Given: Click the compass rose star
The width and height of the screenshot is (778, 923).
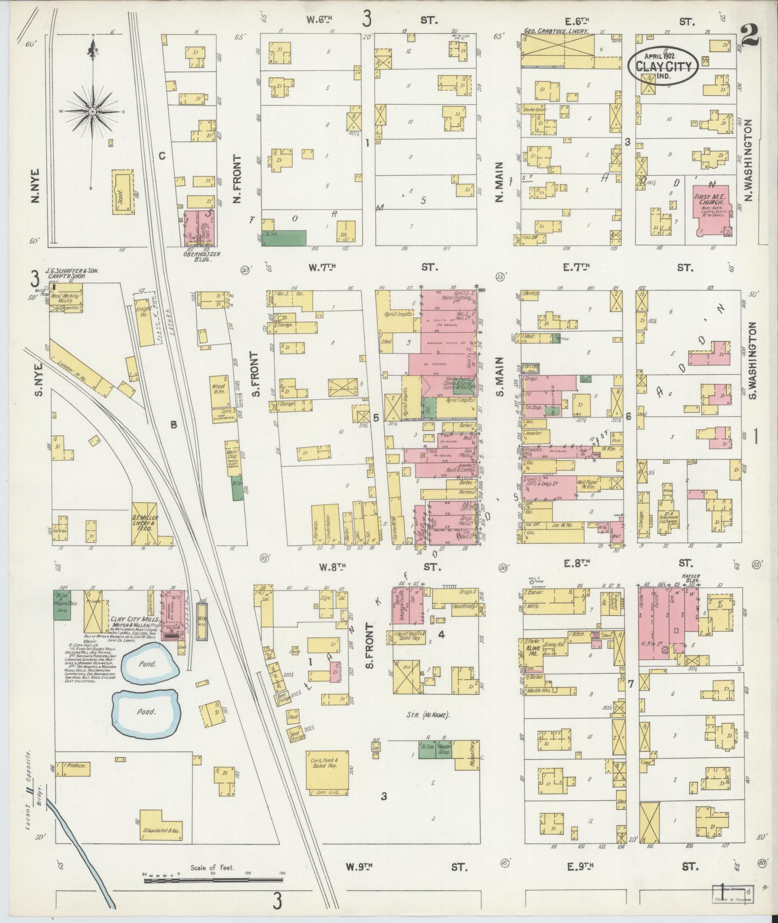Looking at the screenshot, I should pyautogui.click(x=92, y=111).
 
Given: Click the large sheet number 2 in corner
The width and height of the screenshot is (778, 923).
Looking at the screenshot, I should pyautogui.click(x=751, y=37).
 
